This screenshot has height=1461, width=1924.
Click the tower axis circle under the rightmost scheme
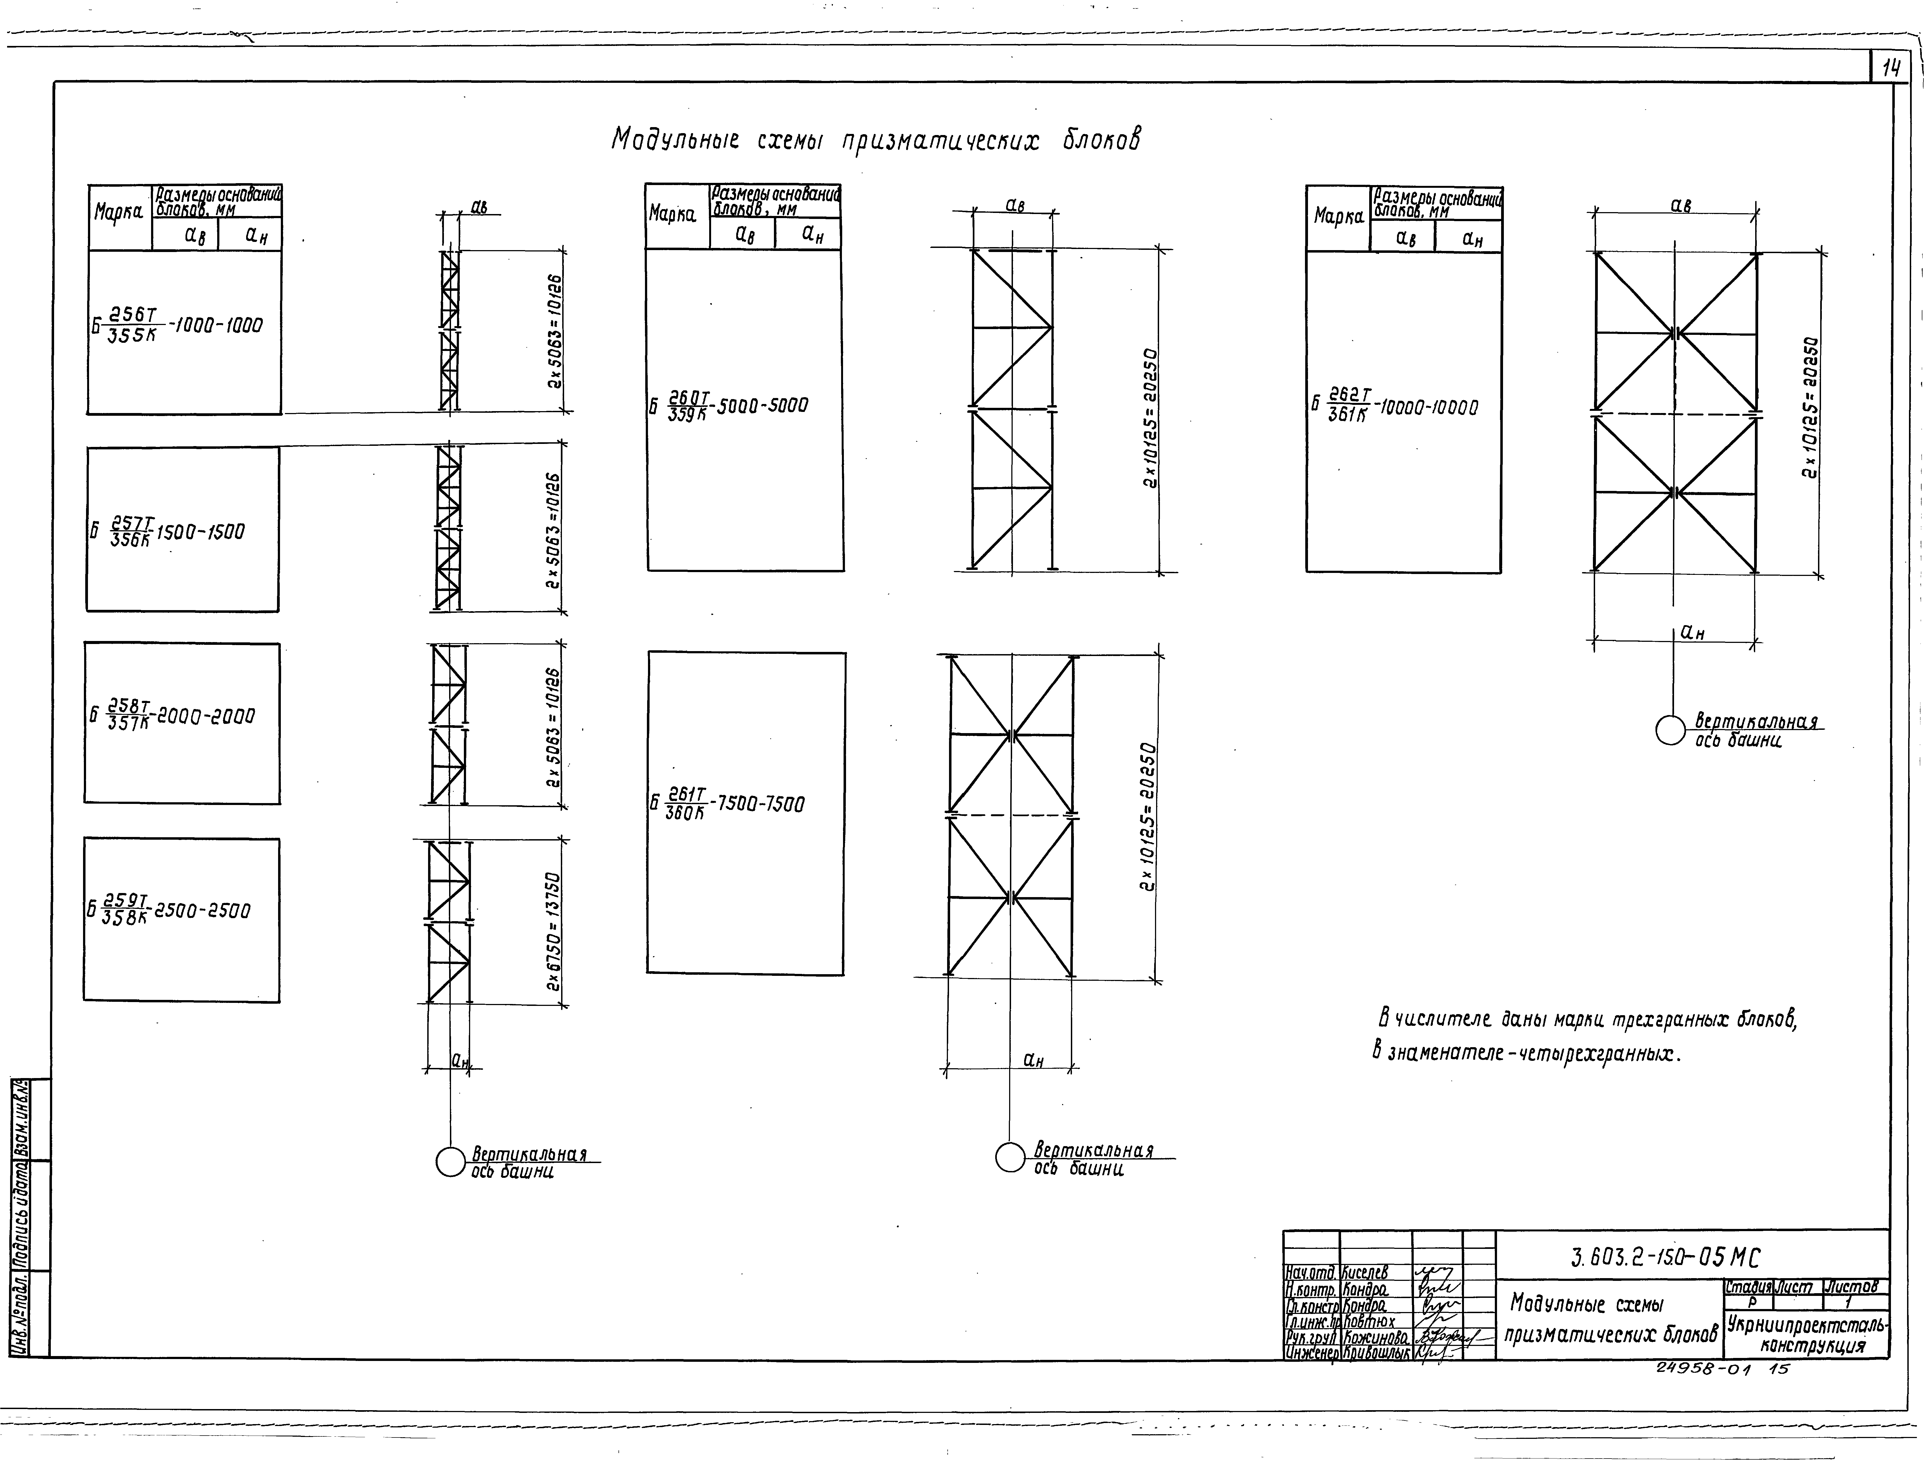pyautogui.click(x=1670, y=730)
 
